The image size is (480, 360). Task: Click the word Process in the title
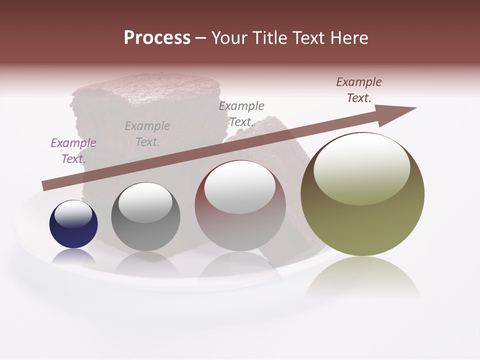[157, 38]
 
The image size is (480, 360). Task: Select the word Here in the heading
[348, 38]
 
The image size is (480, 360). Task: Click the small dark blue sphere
[73, 224]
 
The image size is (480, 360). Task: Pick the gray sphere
[145, 217]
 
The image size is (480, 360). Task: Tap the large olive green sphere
[362, 194]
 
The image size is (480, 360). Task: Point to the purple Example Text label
[73, 151]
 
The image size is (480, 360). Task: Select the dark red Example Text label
[359, 90]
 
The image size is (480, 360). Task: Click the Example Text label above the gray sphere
[147, 134]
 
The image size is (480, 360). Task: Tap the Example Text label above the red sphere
[241, 114]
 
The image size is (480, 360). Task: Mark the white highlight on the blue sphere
[73, 214]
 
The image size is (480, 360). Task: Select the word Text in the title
[307, 38]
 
